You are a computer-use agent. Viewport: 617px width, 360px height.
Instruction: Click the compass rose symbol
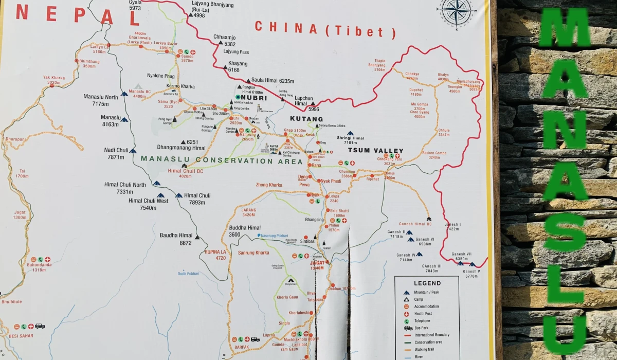pyautogui.click(x=456, y=11)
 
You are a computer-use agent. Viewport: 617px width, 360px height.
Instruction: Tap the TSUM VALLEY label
pyautogui.click(x=375, y=150)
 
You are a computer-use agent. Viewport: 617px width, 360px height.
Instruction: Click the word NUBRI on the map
pyautogui.click(x=253, y=97)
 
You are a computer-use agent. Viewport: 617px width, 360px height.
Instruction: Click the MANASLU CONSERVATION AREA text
pyautogui.click(x=222, y=160)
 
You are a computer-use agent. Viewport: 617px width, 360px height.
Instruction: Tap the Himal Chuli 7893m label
pyautogui.click(x=197, y=199)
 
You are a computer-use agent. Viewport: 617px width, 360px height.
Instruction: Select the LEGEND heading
pyautogui.click(x=427, y=283)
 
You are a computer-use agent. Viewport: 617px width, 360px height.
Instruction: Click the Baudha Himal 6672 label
pyautogui.click(x=176, y=239)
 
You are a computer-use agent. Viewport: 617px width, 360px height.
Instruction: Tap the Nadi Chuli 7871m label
pyautogui.click(x=116, y=153)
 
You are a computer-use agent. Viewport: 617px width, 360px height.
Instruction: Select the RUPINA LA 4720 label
pyautogui.click(x=215, y=255)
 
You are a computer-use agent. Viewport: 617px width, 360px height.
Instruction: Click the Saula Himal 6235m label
pyautogui.click(x=272, y=81)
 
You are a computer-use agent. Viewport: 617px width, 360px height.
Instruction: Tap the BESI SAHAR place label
pyautogui.click(x=22, y=336)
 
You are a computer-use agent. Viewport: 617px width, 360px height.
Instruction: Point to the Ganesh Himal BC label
pyautogui.click(x=415, y=224)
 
